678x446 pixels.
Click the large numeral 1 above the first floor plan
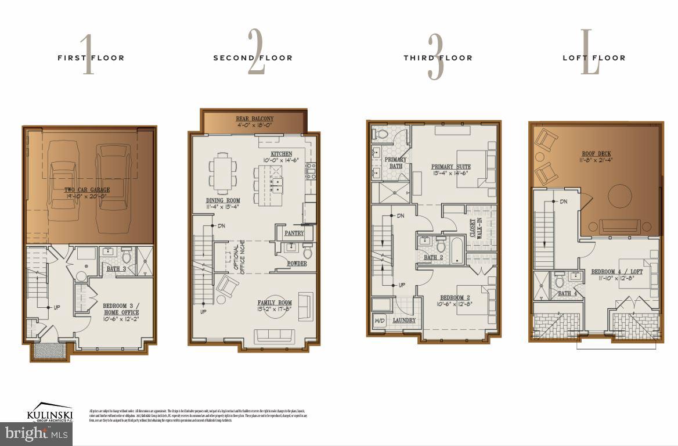tap(88, 55)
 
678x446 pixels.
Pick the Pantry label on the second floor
tap(294, 233)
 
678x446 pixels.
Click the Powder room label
tap(297, 264)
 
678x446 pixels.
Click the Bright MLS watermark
tap(36, 433)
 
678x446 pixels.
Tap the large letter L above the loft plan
tap(590, 55)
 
